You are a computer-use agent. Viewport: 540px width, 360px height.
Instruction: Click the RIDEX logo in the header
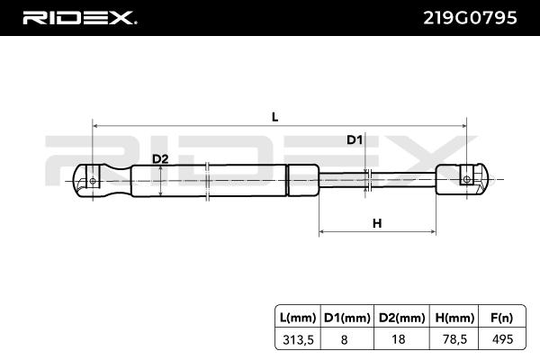click(78, 17)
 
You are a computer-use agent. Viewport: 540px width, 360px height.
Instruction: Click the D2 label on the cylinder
click(160, 159)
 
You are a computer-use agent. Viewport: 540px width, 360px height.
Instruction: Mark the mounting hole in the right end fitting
click(466, 180)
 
